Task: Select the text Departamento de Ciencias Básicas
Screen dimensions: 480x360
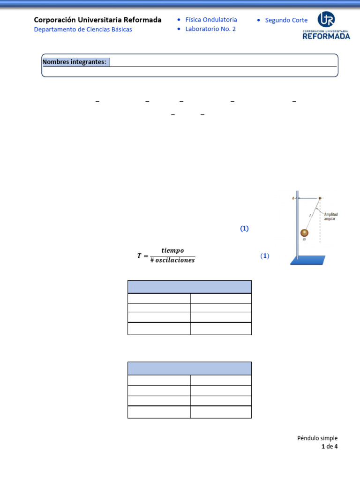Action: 83,30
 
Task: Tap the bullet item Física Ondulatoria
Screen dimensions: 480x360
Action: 211,20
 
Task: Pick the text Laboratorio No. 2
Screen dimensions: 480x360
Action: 210,29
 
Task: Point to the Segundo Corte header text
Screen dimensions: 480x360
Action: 286,20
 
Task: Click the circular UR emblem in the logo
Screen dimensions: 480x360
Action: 326,19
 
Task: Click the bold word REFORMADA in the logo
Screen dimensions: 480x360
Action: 326,36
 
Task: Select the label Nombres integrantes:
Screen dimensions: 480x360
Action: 75,62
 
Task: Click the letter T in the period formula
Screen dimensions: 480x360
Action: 139,255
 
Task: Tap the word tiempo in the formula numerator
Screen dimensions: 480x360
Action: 172,251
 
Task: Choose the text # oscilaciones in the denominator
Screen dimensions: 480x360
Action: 172,261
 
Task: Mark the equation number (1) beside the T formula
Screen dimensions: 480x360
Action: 265,256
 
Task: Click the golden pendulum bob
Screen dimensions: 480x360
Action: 304,233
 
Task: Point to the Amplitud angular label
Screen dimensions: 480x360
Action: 330,216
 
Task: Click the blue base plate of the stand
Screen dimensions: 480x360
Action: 308,260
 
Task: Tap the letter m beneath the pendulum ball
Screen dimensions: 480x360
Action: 304,239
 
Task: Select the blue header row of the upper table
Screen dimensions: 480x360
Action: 189,287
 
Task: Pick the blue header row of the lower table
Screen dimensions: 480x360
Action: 189,368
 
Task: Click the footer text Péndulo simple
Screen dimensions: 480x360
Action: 317,438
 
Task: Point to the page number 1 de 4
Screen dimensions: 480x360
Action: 330,447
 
